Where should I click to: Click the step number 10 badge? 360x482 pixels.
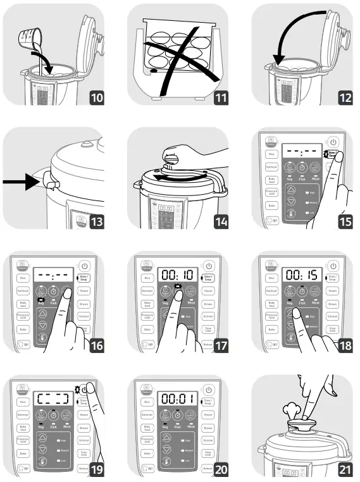(x=97, y=99)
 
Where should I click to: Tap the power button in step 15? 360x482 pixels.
(x=334, y=144)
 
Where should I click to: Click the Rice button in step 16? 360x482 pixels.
(x=23, y=277)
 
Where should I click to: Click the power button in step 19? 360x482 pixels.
(x=85, y=387)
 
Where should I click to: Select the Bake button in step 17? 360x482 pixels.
(x=147, y=329)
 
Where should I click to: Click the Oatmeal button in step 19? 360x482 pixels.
(x=23, y=416)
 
